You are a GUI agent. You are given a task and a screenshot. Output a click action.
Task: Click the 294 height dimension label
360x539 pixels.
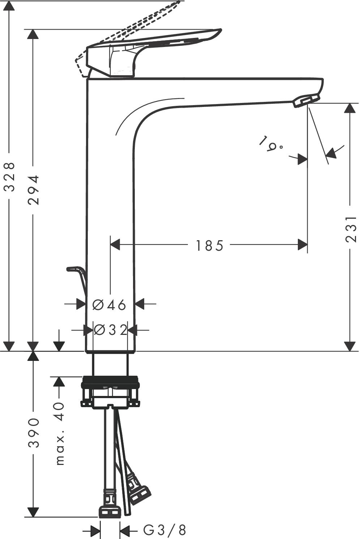[x=34, y=190]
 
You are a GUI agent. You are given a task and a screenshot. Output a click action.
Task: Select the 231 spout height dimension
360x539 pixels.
[x=351, y=229]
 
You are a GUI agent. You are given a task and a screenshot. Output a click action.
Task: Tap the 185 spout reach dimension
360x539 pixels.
[x=210, y=246]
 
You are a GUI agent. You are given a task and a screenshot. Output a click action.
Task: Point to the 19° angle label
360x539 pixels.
[x=271, y=143]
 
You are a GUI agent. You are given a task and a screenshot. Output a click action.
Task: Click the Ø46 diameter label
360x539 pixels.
[x=109, y=305]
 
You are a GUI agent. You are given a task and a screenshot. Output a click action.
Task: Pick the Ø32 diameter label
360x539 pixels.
[x=111, y=330]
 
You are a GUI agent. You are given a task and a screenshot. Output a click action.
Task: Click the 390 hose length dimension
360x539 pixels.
[x=34, y=432]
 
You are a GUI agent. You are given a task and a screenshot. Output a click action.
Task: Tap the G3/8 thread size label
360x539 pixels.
[x=165, y=530]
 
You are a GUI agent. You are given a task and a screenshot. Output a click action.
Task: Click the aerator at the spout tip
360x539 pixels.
[x=306, y=101]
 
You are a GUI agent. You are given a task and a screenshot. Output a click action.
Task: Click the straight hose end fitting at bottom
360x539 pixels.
[x=110, y=509]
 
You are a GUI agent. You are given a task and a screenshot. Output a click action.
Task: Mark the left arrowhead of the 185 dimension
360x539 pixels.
[x=115, y=245]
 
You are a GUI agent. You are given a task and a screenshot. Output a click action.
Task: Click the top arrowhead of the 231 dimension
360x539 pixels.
[x=350, y=108]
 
